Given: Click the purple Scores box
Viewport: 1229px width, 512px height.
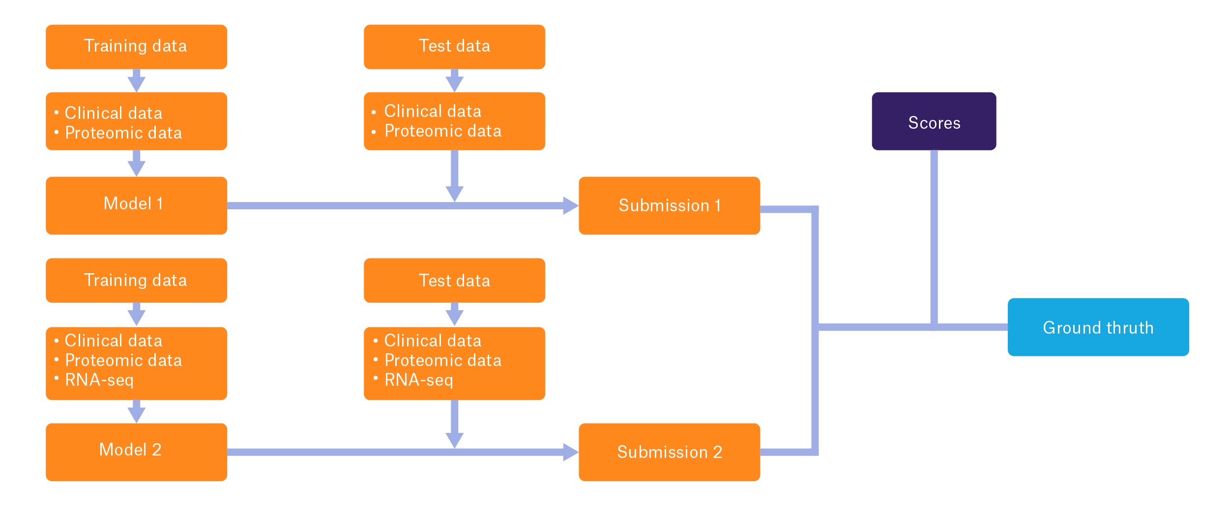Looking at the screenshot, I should [934, 121].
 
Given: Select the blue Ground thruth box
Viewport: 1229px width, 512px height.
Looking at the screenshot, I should [1098, 327].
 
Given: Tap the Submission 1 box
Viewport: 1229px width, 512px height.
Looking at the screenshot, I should [669, 205].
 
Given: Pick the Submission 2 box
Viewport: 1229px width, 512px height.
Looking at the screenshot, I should [669, 452].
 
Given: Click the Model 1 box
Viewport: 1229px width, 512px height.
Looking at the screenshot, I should [136, 205].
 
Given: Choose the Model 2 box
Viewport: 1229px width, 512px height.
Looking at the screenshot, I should [136, 452].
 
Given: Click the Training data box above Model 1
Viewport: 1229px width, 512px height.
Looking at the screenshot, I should [136, 47].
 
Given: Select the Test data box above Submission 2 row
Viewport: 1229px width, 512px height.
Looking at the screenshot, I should [454, 280].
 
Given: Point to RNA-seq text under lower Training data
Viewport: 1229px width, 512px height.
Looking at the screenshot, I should [99, 380].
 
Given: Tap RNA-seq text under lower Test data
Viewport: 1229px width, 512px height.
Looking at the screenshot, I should [418, 380].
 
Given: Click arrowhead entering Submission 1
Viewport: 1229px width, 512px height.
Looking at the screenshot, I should [570, 205].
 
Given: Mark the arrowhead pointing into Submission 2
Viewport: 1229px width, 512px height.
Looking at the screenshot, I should [570, 452].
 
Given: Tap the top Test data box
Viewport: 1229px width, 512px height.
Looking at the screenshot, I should [454, 47].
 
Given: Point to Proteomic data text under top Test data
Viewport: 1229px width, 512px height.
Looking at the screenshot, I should [442, 131].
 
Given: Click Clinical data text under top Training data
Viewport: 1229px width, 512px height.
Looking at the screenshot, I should [113, 113].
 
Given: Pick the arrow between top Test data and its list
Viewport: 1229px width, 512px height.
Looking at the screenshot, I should [454, 82].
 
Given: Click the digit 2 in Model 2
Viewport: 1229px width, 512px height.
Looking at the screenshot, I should [156, 450].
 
